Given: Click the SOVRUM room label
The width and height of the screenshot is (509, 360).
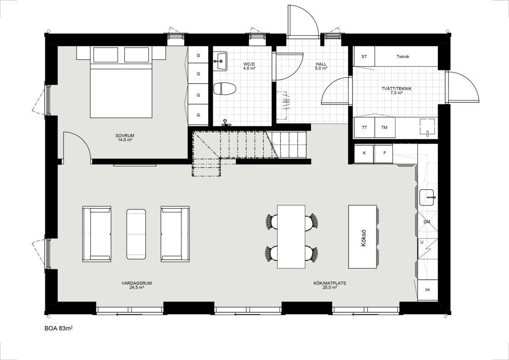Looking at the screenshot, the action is [125, 136].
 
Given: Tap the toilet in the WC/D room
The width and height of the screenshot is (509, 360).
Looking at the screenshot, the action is [225, 89].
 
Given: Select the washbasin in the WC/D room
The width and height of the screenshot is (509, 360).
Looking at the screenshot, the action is [221, 61].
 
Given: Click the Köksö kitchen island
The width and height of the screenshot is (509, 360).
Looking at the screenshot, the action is [363, 237].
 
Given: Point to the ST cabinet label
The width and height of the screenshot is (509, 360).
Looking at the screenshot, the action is [364, 56].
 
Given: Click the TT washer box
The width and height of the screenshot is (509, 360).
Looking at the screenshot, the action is [364, 127].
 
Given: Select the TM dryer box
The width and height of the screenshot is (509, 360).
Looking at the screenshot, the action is [385, 127].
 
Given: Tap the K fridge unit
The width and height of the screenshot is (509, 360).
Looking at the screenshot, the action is [364, 153].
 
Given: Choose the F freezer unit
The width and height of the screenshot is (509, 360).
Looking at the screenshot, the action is [385, 153].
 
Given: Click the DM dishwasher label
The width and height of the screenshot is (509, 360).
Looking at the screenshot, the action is [427, 222].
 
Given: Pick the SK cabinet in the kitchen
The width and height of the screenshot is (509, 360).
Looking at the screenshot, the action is [427, 290].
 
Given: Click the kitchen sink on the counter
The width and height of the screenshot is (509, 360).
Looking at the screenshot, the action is [428, 197].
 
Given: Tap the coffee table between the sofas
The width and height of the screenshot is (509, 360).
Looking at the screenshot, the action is [136, 234].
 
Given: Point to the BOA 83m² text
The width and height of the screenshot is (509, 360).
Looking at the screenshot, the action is [58, 328].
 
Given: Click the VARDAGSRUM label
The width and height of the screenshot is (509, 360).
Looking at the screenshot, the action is [137, 283].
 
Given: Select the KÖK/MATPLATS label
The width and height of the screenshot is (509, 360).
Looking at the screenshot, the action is [330, 283].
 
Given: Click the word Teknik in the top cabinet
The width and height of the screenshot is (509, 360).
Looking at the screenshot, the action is [403, 56].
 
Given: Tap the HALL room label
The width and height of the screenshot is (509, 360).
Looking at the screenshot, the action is [321, 64].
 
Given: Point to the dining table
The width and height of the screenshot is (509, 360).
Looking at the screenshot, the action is [291, 237].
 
